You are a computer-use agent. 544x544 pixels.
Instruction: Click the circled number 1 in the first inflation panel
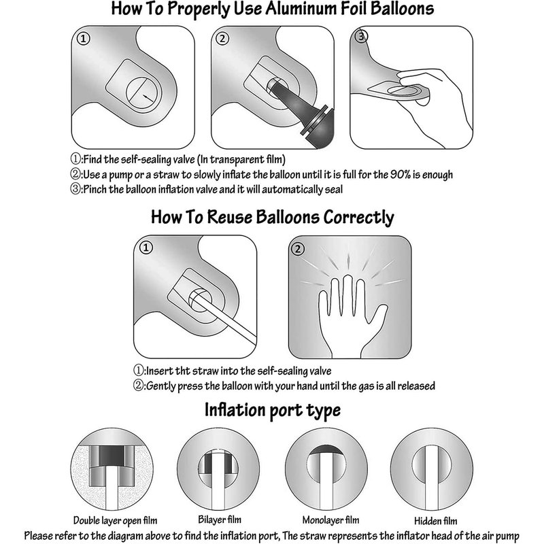click(83, 39)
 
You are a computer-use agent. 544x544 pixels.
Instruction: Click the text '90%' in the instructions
click(401, 174)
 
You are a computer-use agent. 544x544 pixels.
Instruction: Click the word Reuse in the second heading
click(230, 217)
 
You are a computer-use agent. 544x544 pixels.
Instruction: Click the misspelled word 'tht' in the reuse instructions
click(182, 371)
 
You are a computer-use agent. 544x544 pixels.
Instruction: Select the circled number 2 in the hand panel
click(298, 249)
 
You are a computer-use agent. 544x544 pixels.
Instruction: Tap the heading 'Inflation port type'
click(273, 410)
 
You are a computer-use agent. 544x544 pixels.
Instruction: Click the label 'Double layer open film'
click(115, 520)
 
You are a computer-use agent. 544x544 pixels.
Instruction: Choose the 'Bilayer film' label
click(220, 520)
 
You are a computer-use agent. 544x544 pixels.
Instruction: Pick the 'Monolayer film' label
click(330, 520)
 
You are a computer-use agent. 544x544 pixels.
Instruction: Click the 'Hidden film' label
click(436, 521)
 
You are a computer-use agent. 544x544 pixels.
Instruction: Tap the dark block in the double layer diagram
click(112, 456)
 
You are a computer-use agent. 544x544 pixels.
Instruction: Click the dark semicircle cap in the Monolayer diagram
click(326, 449)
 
